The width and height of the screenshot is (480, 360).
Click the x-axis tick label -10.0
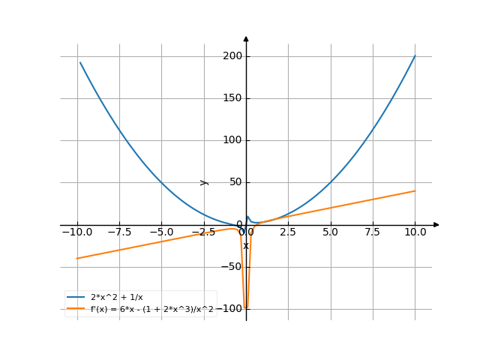click(x=76, y=232)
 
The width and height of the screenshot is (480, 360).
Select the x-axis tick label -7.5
click(x=118, y=232)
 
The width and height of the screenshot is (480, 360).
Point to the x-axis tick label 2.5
click(x=288, y=232)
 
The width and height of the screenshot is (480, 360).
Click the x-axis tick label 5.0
click(x=330, y=232)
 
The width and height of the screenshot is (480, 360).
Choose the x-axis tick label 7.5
click(x=372, y=232)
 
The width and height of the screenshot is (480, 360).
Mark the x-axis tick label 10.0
click(x=414, y=232)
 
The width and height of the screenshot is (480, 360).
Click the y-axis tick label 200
click(x=232, y=56)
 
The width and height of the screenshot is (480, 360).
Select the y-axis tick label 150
click(x=232, y=98)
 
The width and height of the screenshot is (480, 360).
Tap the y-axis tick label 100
click(x=232, y=140)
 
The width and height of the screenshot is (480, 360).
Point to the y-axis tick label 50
click(x=235, y=182)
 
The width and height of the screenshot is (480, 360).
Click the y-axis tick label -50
click(x=232, y=267)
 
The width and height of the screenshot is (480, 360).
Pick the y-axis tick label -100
click(x=230, y=309)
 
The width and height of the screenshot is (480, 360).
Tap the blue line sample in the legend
click(x=76, y=298)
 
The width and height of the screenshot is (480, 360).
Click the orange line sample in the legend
click(x=76, y=309)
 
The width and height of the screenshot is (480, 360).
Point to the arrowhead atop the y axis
click(x=246, y=38)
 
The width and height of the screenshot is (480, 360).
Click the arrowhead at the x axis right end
click(x=436, y=225)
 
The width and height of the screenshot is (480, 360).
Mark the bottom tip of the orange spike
click(x=246, y=308)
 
